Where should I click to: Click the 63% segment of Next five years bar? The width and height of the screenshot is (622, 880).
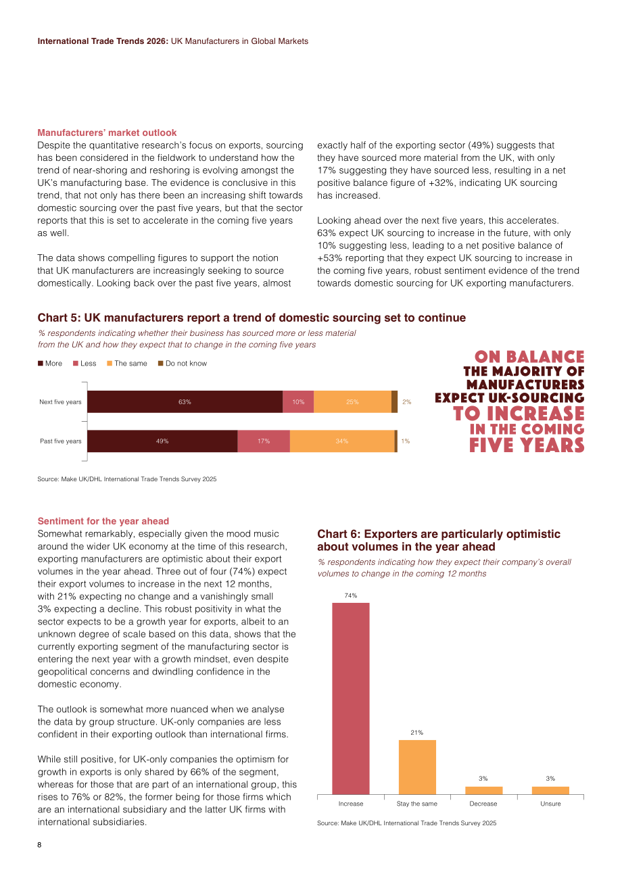(185, 401)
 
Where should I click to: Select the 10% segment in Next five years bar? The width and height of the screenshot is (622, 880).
(298, 401)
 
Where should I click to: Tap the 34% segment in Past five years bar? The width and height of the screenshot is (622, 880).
(342, 441)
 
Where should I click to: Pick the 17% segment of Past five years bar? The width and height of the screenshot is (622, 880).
(264, 441)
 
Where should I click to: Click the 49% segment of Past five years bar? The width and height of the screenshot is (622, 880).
(162, 441)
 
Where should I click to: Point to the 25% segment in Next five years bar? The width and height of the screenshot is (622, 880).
(352, 401)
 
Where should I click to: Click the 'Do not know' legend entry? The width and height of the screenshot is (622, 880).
(183, 364)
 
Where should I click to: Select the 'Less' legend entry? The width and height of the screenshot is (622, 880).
(85, 364)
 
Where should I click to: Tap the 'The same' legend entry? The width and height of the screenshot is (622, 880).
(127, 364)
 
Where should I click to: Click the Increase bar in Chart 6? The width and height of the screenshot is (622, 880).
(350, 698)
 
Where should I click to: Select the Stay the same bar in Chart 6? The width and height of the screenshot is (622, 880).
(417, 767)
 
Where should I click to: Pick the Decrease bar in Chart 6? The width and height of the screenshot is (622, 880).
(483, 790)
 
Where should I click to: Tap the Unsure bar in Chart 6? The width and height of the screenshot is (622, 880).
(550, 790)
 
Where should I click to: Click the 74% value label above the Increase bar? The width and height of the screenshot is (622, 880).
(350, 595)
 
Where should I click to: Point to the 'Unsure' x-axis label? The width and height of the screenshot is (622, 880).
(550, 804)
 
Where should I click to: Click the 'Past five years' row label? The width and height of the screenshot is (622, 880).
(61, 441)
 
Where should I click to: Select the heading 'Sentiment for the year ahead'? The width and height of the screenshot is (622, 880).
(103, 521)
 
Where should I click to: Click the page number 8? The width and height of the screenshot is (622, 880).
(39, 845)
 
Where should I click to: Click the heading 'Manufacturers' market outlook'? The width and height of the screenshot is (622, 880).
(107, 132)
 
